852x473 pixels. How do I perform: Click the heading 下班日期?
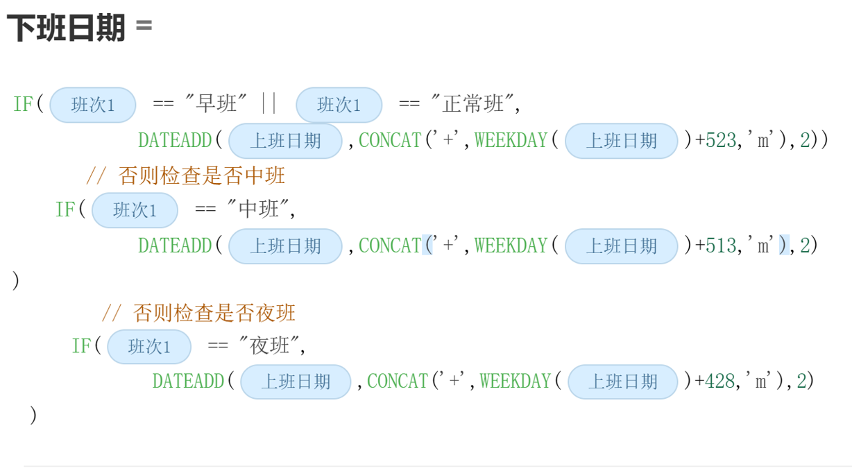click(66, 29)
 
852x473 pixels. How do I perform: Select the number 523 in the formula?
click(720, 141)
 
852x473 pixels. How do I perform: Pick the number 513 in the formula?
click(720, 246)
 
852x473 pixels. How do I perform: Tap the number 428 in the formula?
click(719, 381)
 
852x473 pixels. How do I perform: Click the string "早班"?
click(216, 105)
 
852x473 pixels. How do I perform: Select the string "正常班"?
click(474, 105)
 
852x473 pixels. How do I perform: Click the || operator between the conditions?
click(269, 105)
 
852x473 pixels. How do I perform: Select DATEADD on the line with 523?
click(174, 141)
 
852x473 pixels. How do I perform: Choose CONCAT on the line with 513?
click(390, 246)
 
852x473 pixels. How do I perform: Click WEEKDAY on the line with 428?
click(515, 381)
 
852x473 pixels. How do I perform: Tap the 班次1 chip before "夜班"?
click(149, 347)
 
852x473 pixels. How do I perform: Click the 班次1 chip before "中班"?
click(135, 210)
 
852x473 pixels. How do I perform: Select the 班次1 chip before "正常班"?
click(339, 105)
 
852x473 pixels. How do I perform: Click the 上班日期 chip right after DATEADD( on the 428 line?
click(296, 382)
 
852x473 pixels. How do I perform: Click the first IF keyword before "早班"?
click(23, 105)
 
